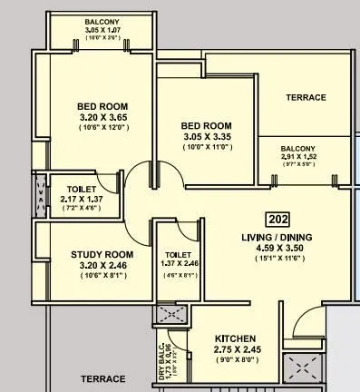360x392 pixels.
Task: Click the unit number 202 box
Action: tap(277, 219)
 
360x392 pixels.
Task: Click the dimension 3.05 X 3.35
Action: tap(207, 137)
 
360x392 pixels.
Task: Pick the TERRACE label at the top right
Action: tap(306, 97)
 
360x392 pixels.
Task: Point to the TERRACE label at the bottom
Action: tap(102, 378)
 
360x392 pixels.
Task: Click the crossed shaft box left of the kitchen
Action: tap(171, 316)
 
